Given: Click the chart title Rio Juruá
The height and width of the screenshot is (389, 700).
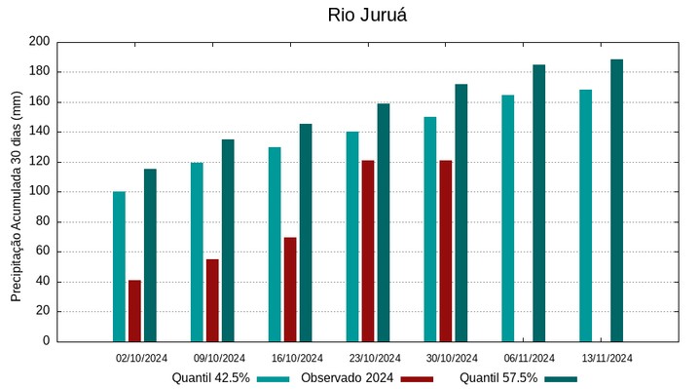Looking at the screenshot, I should click(x=353, y=16).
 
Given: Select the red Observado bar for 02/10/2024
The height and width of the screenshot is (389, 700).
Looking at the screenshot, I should click(x=134, y=310).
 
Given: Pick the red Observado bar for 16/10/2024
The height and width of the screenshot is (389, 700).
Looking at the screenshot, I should click(x=290, y=290).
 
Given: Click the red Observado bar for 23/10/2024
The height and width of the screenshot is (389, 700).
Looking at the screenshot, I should click(x=368, y=251).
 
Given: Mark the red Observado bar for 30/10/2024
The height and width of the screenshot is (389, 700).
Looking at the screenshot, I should click(x=445, y=251).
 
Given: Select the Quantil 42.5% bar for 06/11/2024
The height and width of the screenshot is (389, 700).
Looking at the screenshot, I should click(x=507, y=218).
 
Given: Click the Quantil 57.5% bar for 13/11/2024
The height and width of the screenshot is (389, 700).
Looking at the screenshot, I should click(x=616, y=200).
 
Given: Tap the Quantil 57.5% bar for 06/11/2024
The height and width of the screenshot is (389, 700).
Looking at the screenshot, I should click(x=538, y=203).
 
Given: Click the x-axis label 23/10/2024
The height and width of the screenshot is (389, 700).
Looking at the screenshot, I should click(x=374, y=358).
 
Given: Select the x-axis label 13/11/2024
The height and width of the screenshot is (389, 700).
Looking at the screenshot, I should click(x=607, y=358).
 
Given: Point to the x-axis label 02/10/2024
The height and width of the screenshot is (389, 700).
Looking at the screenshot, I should click(x=141, y=358).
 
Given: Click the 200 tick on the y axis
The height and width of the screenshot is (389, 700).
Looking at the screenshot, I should click(x=39, y=42).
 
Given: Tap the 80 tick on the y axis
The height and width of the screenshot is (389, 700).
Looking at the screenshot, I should click(x=42, y=221).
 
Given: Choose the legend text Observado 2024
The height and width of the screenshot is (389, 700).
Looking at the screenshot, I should click(x=347, y=378).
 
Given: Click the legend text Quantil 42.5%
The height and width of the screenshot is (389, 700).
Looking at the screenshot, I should click(x=211, y=378).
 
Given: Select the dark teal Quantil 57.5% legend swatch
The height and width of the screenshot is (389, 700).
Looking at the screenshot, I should click(x=561, y=378).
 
